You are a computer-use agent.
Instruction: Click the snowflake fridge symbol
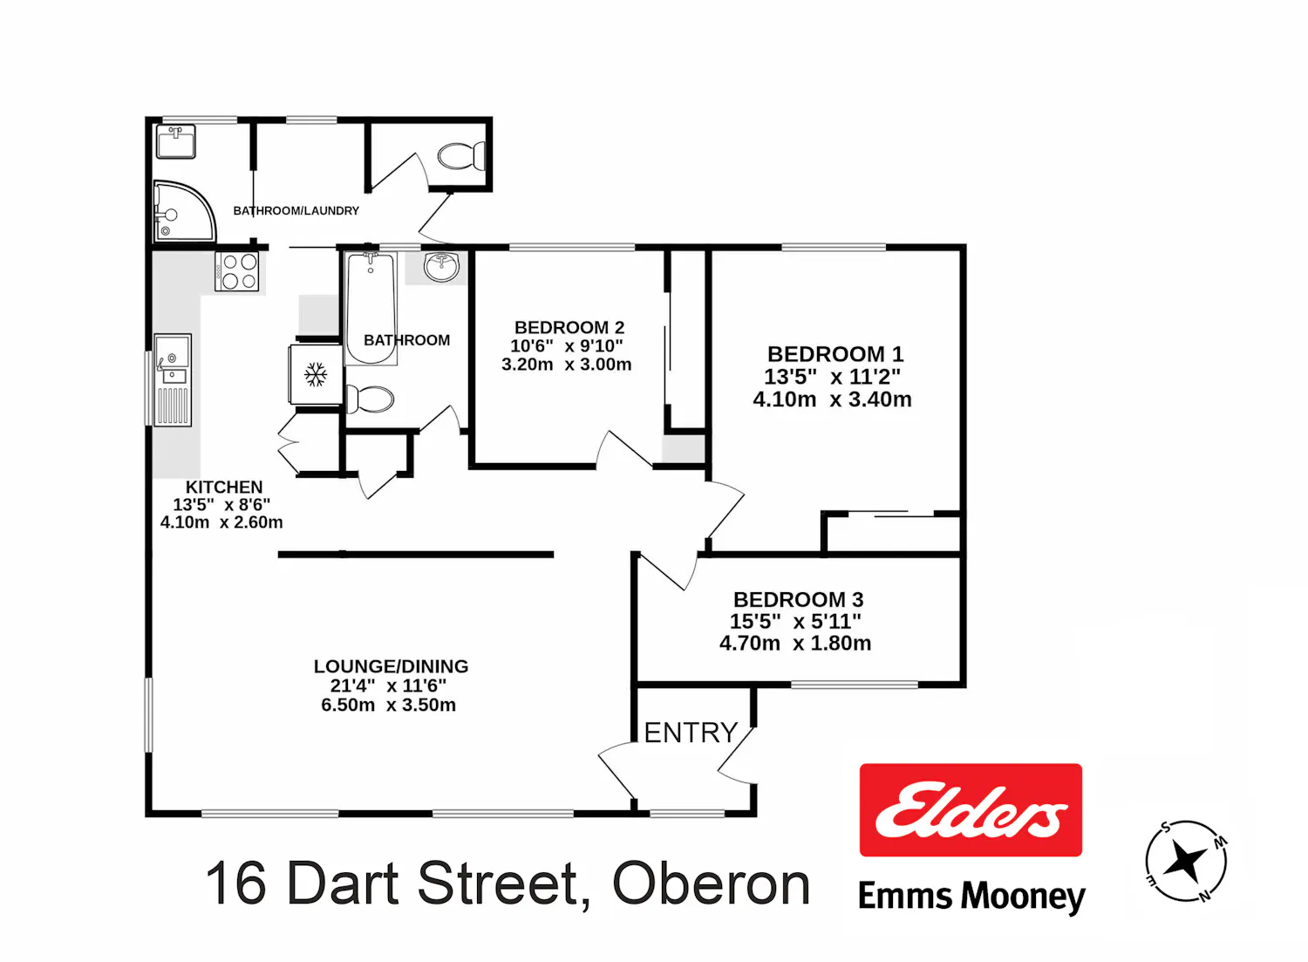pyautogui.click(x=316, y=374)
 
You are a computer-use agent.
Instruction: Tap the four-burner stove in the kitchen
pyautogui.click(x=236, y=271)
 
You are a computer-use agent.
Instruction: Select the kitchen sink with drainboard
pyautogui.click(x=173, y=379)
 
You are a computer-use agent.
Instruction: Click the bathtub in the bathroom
pyautogui.click(x=371, y=308)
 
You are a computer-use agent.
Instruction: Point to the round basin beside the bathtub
pyautogui.click(x=442, y=268)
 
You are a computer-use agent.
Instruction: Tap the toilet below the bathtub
pyautogui.click(x=370, y=399)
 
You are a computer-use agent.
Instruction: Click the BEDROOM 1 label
pyautogui.click(x=835, y=354)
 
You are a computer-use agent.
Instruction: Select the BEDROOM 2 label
pyautogui.click(x=569, y=327)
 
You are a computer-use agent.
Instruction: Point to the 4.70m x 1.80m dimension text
pyautogui.click(x=794, y=643)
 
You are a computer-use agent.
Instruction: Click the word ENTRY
pyautogui.click(x=691, y=733)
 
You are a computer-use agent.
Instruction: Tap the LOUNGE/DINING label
pyautogui.click(x=391, y=665)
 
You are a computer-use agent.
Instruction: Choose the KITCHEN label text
pyautogui.click(x=224, y=487)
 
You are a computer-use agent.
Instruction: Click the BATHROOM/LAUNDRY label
pyautogui.click(x=296, y=210)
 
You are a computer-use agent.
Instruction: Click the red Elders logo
pyautogui.click(x=971, y=809)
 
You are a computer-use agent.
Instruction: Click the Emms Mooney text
pyautogui.click(x=971, y=897)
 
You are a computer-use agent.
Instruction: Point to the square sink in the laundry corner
pyautogui.click(x=176, y=141)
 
